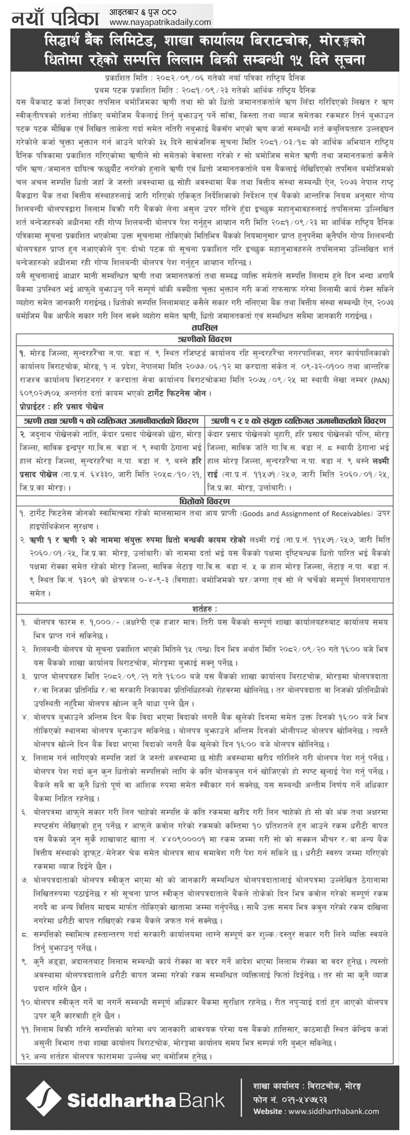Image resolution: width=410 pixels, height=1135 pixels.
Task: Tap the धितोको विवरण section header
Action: point(205,501)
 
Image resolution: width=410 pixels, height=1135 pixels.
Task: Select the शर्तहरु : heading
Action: point(205,609)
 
